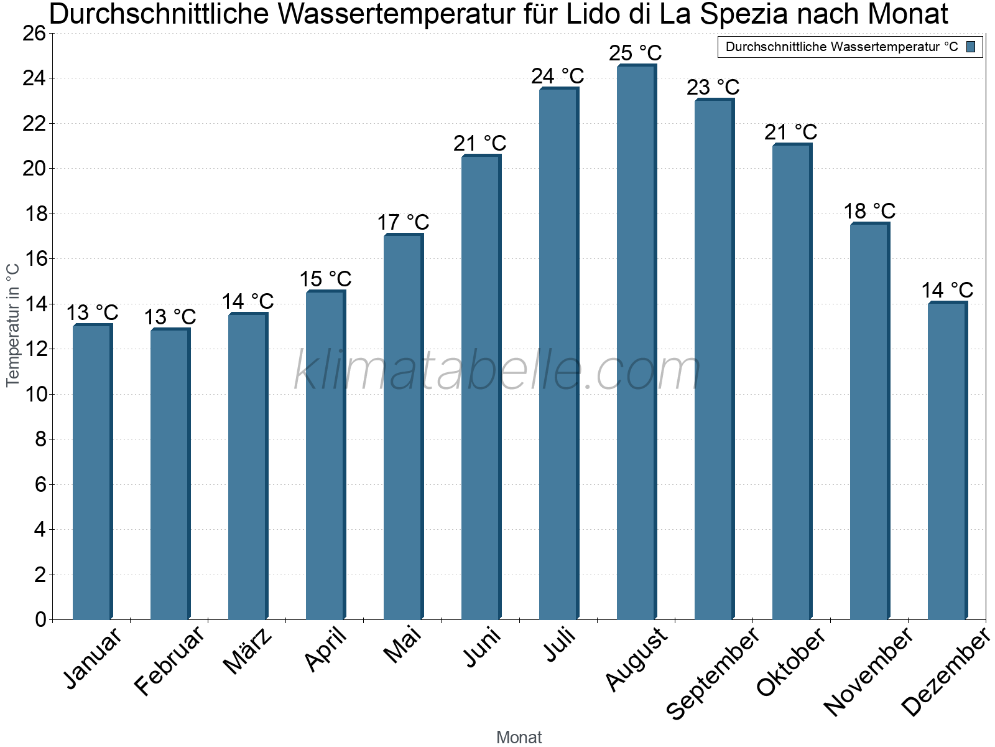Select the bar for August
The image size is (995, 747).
tap(636, 342)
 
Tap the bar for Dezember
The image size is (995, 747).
tap(947, 461)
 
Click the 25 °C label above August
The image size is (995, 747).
tap(635, 53)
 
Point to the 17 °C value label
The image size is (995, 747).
tap(403, 222)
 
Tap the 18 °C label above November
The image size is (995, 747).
tap(869, 211)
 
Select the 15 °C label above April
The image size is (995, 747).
tap(325, 279)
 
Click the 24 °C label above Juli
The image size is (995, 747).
tap(557, 76)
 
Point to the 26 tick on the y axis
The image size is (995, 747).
tap(34, 33)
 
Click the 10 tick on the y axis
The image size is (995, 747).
tap(34, 394)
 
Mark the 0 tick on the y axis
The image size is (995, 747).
tap(40, 619)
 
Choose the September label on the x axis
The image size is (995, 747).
tap(713, 673)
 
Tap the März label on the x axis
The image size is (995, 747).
tap(248, 651)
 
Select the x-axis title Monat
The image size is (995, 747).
tap(519, 737)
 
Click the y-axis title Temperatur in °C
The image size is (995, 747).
tap(13, 325)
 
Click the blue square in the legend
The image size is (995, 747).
tap(971, 47)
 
